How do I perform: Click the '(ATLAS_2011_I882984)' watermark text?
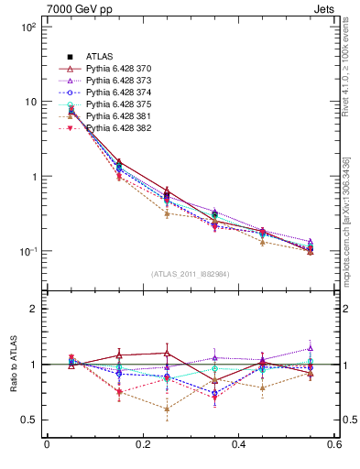pyautogui.click(x=190, y=274)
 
